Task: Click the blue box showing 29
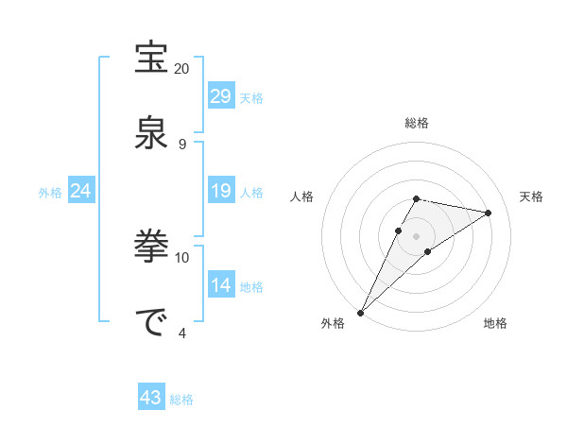coord(220,96)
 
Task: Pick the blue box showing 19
coord(220,192)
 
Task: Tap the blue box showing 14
coord(220,285)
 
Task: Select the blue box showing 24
coord(81,192)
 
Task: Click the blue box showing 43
coord(151,399)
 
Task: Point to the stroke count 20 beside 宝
coord(182,69)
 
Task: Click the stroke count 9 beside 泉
coord(182,144)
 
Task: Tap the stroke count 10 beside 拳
coord(182,257)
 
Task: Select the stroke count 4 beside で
coord(182,333)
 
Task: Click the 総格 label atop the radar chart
coord(417,123)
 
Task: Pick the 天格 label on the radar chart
coord(532,196)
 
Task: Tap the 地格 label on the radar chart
coord(495,323)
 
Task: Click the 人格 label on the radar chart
coord(302,196)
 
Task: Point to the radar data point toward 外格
coord(360,313)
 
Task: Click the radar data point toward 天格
coord(489,213)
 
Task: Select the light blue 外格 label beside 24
coord(50,193)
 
